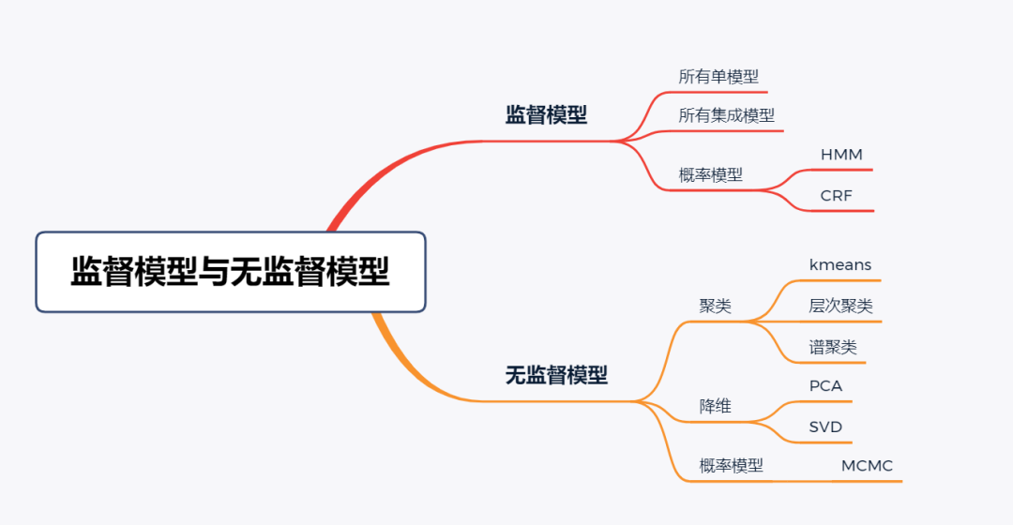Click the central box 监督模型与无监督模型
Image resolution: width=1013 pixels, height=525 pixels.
(x=231, y=272)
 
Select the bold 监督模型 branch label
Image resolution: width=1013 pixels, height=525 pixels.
(x=546, y=115)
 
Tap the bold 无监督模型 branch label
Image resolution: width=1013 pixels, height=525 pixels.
(x=556, y=376)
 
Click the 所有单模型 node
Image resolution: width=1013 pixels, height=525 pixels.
(x=718, y=77)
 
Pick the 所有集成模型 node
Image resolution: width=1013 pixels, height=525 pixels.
(x=727, y=115)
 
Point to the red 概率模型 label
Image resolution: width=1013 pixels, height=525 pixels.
(x=710, y=174)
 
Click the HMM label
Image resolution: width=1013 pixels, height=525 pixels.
(x=841, y=155)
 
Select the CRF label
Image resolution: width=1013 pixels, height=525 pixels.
(x=836, y=196)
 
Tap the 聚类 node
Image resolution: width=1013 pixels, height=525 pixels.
(x=716, y=307)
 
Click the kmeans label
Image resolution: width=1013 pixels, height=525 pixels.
(x=840, y=265)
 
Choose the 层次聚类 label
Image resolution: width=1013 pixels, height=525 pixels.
(x=840, y=307)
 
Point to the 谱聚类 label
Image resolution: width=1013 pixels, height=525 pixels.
(x=833, y=347)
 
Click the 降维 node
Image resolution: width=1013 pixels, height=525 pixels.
(x=716, y=406)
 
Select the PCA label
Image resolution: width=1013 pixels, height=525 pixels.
(x=825, y=386)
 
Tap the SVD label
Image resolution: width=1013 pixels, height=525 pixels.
(x=825, y=427)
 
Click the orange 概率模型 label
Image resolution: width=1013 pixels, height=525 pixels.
(x=731, y=466)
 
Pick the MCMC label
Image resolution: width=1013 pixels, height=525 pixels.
(x=867, y=466)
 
